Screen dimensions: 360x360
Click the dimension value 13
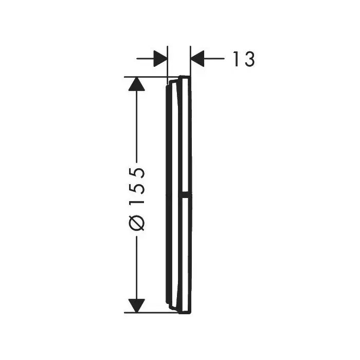pos(244,59)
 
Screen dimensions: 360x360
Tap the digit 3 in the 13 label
pos(249,59)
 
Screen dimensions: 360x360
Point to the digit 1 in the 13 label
pos(236,59)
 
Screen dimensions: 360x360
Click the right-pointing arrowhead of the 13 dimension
pos(160,59)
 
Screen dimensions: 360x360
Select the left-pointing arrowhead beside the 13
pos(197,59)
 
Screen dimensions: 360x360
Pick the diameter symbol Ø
pos(137,223)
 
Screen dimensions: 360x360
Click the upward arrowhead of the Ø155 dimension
pos(137,84)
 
